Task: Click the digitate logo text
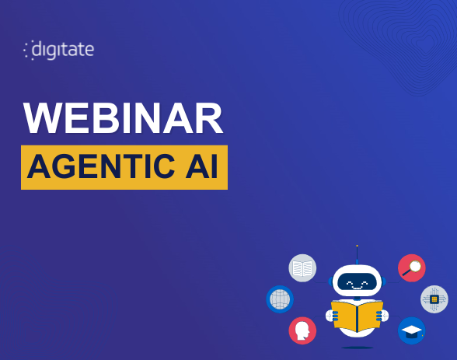pyautogui.click(x=63, y=50)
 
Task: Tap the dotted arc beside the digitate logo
pyautogui.click(x=27, y=51)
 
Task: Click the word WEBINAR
pyautogui.click(x=123, y=119)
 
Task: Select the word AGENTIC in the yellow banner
pyautogui.click(x=104, y=167)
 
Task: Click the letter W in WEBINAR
pyautogui.click(x=42, y=119)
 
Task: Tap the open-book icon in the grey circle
pyautogui.click(x=302, y=268)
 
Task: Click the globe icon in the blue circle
pyautogui.click(x=279, y=299)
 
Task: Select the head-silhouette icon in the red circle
pyautogui.click(x=302, y=330)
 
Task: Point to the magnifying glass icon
pyautogui.click(x=411, y=268)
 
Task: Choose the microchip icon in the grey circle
pyautogui.click(x=434, y=299)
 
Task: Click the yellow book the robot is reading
pyautogui.click(x=357, y=314)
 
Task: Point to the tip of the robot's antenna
pyautogui.click(x=357, y=246)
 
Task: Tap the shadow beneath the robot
pyautogui.click(x=357, y=347)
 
